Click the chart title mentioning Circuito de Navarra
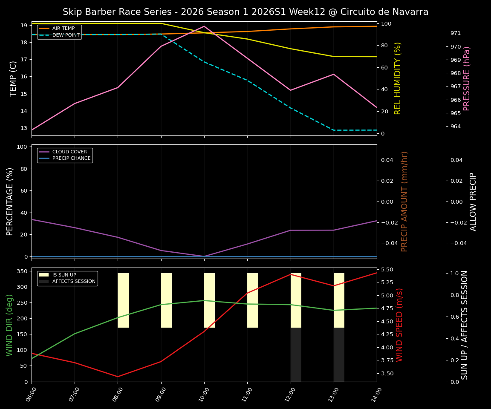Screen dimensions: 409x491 pos(245,12)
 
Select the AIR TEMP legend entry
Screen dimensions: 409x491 pos(63,29)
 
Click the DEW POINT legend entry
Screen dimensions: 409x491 pos(66,35)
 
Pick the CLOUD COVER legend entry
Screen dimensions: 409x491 pos(69,152)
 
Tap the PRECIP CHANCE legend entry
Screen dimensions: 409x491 pos(71,158)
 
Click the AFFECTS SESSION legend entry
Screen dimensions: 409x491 pos(74,282)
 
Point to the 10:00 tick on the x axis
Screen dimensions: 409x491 pos(204,395)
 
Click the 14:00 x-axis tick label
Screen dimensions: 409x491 pos(377,395)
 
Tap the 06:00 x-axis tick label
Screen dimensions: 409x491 pos(32,395)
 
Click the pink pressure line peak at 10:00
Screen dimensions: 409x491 pos(204,26)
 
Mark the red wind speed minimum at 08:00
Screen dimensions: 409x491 pos(118,377)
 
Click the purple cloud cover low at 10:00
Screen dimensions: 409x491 pos(204,256)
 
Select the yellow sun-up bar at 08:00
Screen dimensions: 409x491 pos(123,300)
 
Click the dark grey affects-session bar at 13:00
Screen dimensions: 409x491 pos(339,354)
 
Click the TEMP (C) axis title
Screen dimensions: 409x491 pos(14,78)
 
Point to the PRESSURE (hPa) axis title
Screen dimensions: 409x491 pos(467,78)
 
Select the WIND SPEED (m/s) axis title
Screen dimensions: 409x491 pos(399,325)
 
